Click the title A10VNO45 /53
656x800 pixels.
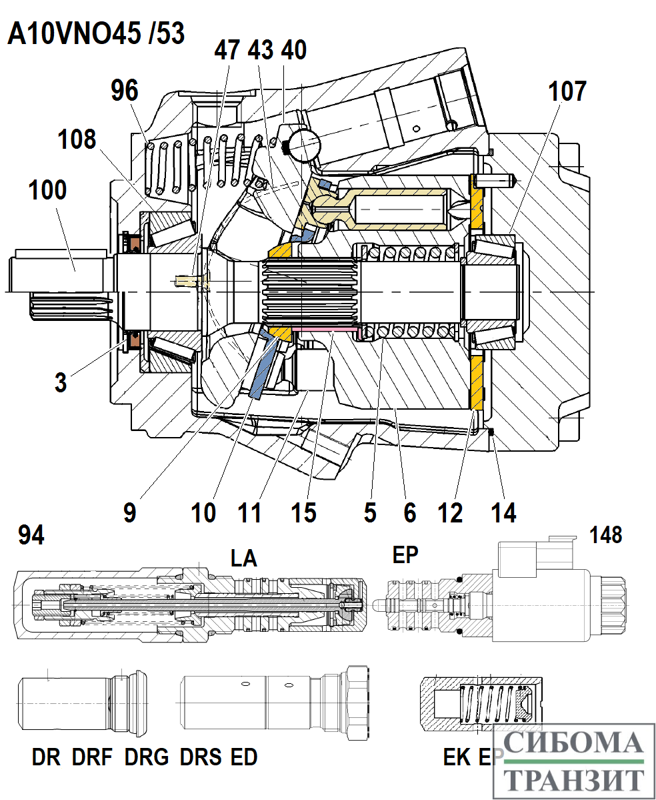tap(95, 34)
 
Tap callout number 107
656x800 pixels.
tap(567, 91)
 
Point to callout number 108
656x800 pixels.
tap(77, 140)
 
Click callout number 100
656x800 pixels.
tap(47, 190)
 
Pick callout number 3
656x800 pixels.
tap(61, 383)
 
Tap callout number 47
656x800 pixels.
tap(227, 50)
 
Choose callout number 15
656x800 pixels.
tap(303, 512)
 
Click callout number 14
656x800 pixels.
tap(503, 512)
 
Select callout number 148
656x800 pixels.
tap(605, 534)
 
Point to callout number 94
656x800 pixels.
tap(31, 534)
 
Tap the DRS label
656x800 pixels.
tap(201, 757)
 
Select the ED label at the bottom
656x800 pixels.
tap(243, 757)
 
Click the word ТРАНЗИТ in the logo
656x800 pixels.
tap(574, 778)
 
